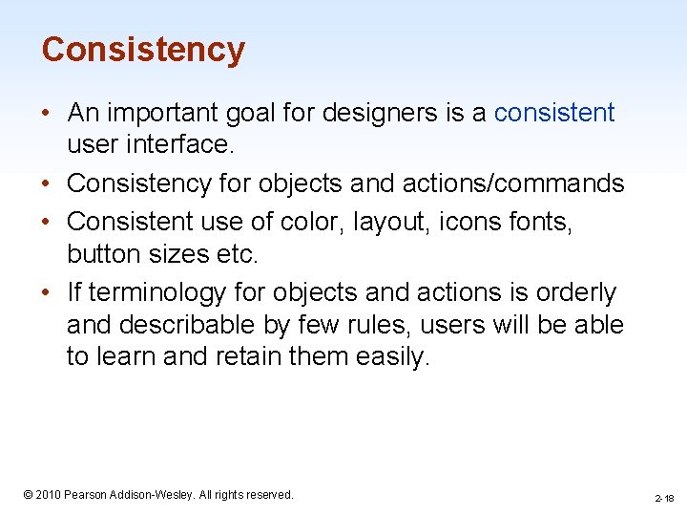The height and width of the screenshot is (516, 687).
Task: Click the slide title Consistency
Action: pyautogui.click(x=143, y=50)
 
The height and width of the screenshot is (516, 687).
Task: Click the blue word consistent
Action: pyautogui.click(x=553, y=113)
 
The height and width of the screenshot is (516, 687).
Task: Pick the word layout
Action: pyautogui.click(x=388, y=222)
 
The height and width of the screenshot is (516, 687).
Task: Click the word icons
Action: pyautogui.click(x=469, y=222)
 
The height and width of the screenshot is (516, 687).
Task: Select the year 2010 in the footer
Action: pyautogui.click(x=48, y=494)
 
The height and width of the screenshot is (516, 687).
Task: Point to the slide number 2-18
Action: pyautogui.click(x=664, y=498)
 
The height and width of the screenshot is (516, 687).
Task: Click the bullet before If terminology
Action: pyautogui.click(x=47, y=292)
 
